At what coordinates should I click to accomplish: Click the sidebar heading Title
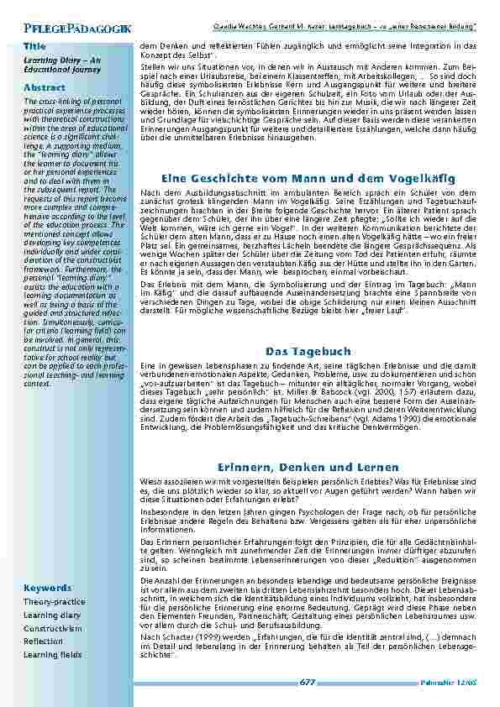(34, 46)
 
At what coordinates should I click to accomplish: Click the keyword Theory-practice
(54, 602)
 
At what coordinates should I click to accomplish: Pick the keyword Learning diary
(51, 615)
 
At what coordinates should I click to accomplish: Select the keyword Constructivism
(52, 628)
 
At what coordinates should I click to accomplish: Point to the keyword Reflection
(43, 642)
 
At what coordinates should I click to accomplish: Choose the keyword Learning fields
(52, 654)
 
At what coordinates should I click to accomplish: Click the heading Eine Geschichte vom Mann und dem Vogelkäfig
(308, 179)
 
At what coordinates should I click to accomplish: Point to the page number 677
(308, 683)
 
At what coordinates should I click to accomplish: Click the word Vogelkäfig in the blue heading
(424, 179)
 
